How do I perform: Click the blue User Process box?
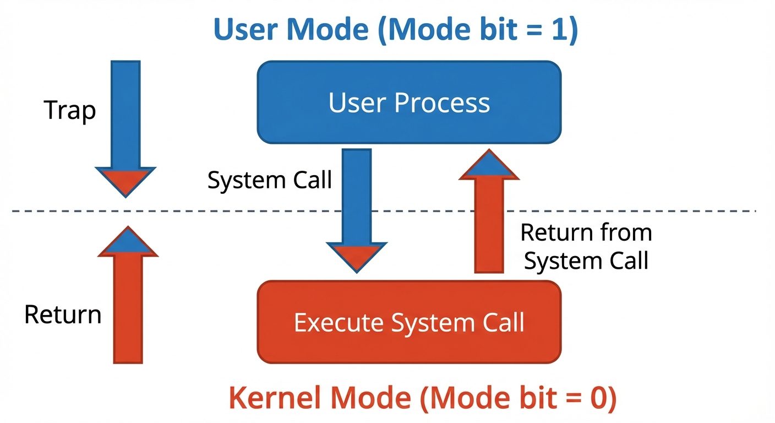coord(409,102)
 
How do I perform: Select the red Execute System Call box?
coord(409,322)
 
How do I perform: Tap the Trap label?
coord(69,110)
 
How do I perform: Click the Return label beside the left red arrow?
coord(63,314)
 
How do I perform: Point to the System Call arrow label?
coord(269,180)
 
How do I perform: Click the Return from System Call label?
coord(586,246)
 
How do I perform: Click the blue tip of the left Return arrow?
coord(128,242)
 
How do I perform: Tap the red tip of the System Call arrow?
coord(357,257)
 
